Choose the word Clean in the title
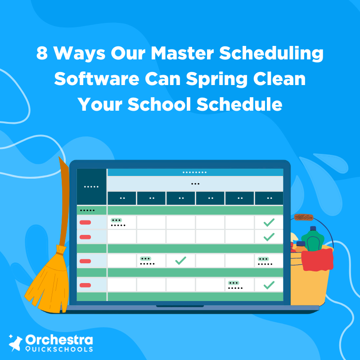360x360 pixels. [283, 79]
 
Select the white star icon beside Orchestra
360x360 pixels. [16, 343]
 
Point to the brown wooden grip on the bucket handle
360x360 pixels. [304, 217]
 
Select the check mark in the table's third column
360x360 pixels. [180, 260]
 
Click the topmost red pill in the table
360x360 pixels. [85, 222]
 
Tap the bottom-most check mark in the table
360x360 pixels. [269, 284]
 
